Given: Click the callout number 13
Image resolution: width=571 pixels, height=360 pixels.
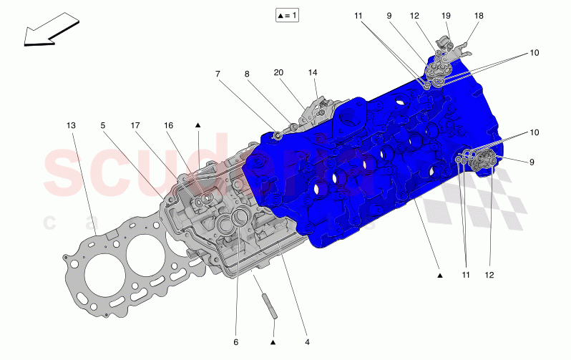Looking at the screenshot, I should coord(71,125).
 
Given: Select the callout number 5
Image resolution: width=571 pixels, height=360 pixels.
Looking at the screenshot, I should coord(103,125).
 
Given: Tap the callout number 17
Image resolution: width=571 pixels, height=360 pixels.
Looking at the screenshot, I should coord(135,125).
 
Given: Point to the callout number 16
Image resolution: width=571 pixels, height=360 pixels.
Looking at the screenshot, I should coord(169,125).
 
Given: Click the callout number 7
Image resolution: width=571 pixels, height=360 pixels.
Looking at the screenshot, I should coord(219,73).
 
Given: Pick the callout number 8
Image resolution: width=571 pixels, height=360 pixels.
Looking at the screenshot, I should coord(247,73).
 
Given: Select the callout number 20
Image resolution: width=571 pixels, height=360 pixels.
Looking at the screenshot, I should coord(278,73).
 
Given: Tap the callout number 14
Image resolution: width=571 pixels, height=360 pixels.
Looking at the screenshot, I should coord(312,73).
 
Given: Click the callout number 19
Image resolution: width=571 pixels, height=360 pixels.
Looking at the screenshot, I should coord(446,15).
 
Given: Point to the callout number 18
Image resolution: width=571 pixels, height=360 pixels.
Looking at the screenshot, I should coord(479,15).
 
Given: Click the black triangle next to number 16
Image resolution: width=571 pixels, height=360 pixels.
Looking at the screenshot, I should coord(197,125).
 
